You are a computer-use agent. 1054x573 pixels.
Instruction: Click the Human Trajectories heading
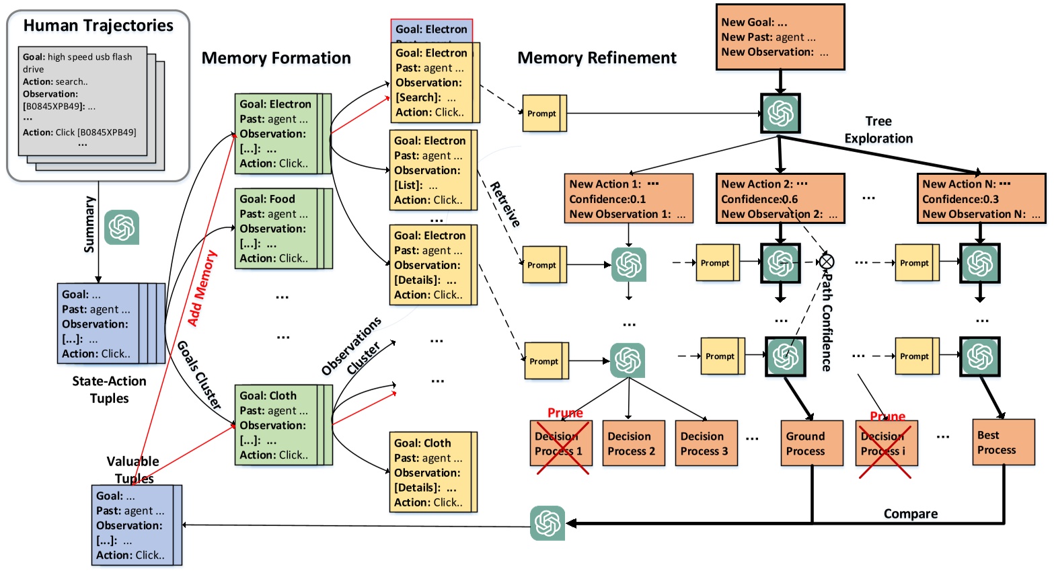click(x=98, y=26)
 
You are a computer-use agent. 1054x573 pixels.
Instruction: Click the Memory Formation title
click(x=276, y=58)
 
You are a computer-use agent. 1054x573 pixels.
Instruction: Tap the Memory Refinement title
click(x=597, y=58)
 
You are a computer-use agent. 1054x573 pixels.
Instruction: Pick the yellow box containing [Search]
click(x=432, y=83)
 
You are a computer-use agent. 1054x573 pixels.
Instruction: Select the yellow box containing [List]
click(x=431, y=170)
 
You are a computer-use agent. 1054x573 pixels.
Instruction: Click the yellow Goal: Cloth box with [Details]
click(x=431, y=472)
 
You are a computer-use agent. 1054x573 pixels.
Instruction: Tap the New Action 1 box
click(x=628, y=198)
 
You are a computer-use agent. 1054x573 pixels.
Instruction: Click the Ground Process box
click(x=811, y=443)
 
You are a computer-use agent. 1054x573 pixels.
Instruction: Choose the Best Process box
click(x=1003, y=443)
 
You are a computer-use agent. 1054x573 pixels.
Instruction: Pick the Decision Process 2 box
click(x=633, y=443)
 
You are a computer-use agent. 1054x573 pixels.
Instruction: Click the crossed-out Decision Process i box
click(x=886, y=443)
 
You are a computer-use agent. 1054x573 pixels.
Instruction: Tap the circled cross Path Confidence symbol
click(x=827, y=262)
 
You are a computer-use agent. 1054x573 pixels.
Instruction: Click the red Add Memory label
click(x=202, y=288)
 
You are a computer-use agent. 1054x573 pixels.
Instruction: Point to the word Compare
click(x=910, y=514)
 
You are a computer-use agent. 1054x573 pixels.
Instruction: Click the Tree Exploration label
click(x=878, y=130)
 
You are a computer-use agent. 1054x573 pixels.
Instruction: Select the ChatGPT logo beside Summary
click(x=122, y=227)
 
